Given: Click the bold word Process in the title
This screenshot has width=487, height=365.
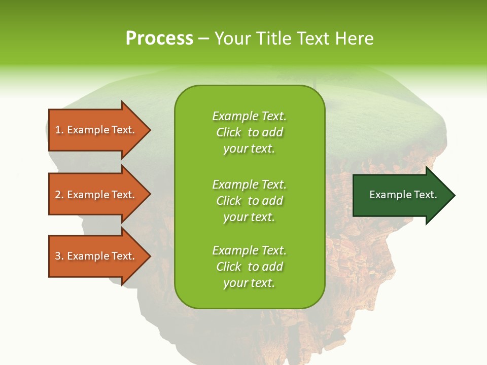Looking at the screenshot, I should [159, 39].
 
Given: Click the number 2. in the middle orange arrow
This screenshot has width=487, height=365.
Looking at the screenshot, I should [59, 195].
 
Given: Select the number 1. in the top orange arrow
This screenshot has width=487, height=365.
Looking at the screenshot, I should [59, 130].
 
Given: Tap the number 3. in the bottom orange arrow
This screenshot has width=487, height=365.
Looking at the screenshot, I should [59, 256].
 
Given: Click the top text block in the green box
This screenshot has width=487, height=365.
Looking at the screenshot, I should [249, 132].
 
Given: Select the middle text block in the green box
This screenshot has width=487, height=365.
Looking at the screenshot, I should [249, 201].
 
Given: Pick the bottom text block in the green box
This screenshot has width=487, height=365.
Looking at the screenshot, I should [249, 267].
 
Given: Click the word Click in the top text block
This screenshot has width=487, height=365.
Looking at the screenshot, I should [229, 133].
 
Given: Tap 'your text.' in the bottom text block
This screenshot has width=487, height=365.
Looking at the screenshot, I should [249, 283].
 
